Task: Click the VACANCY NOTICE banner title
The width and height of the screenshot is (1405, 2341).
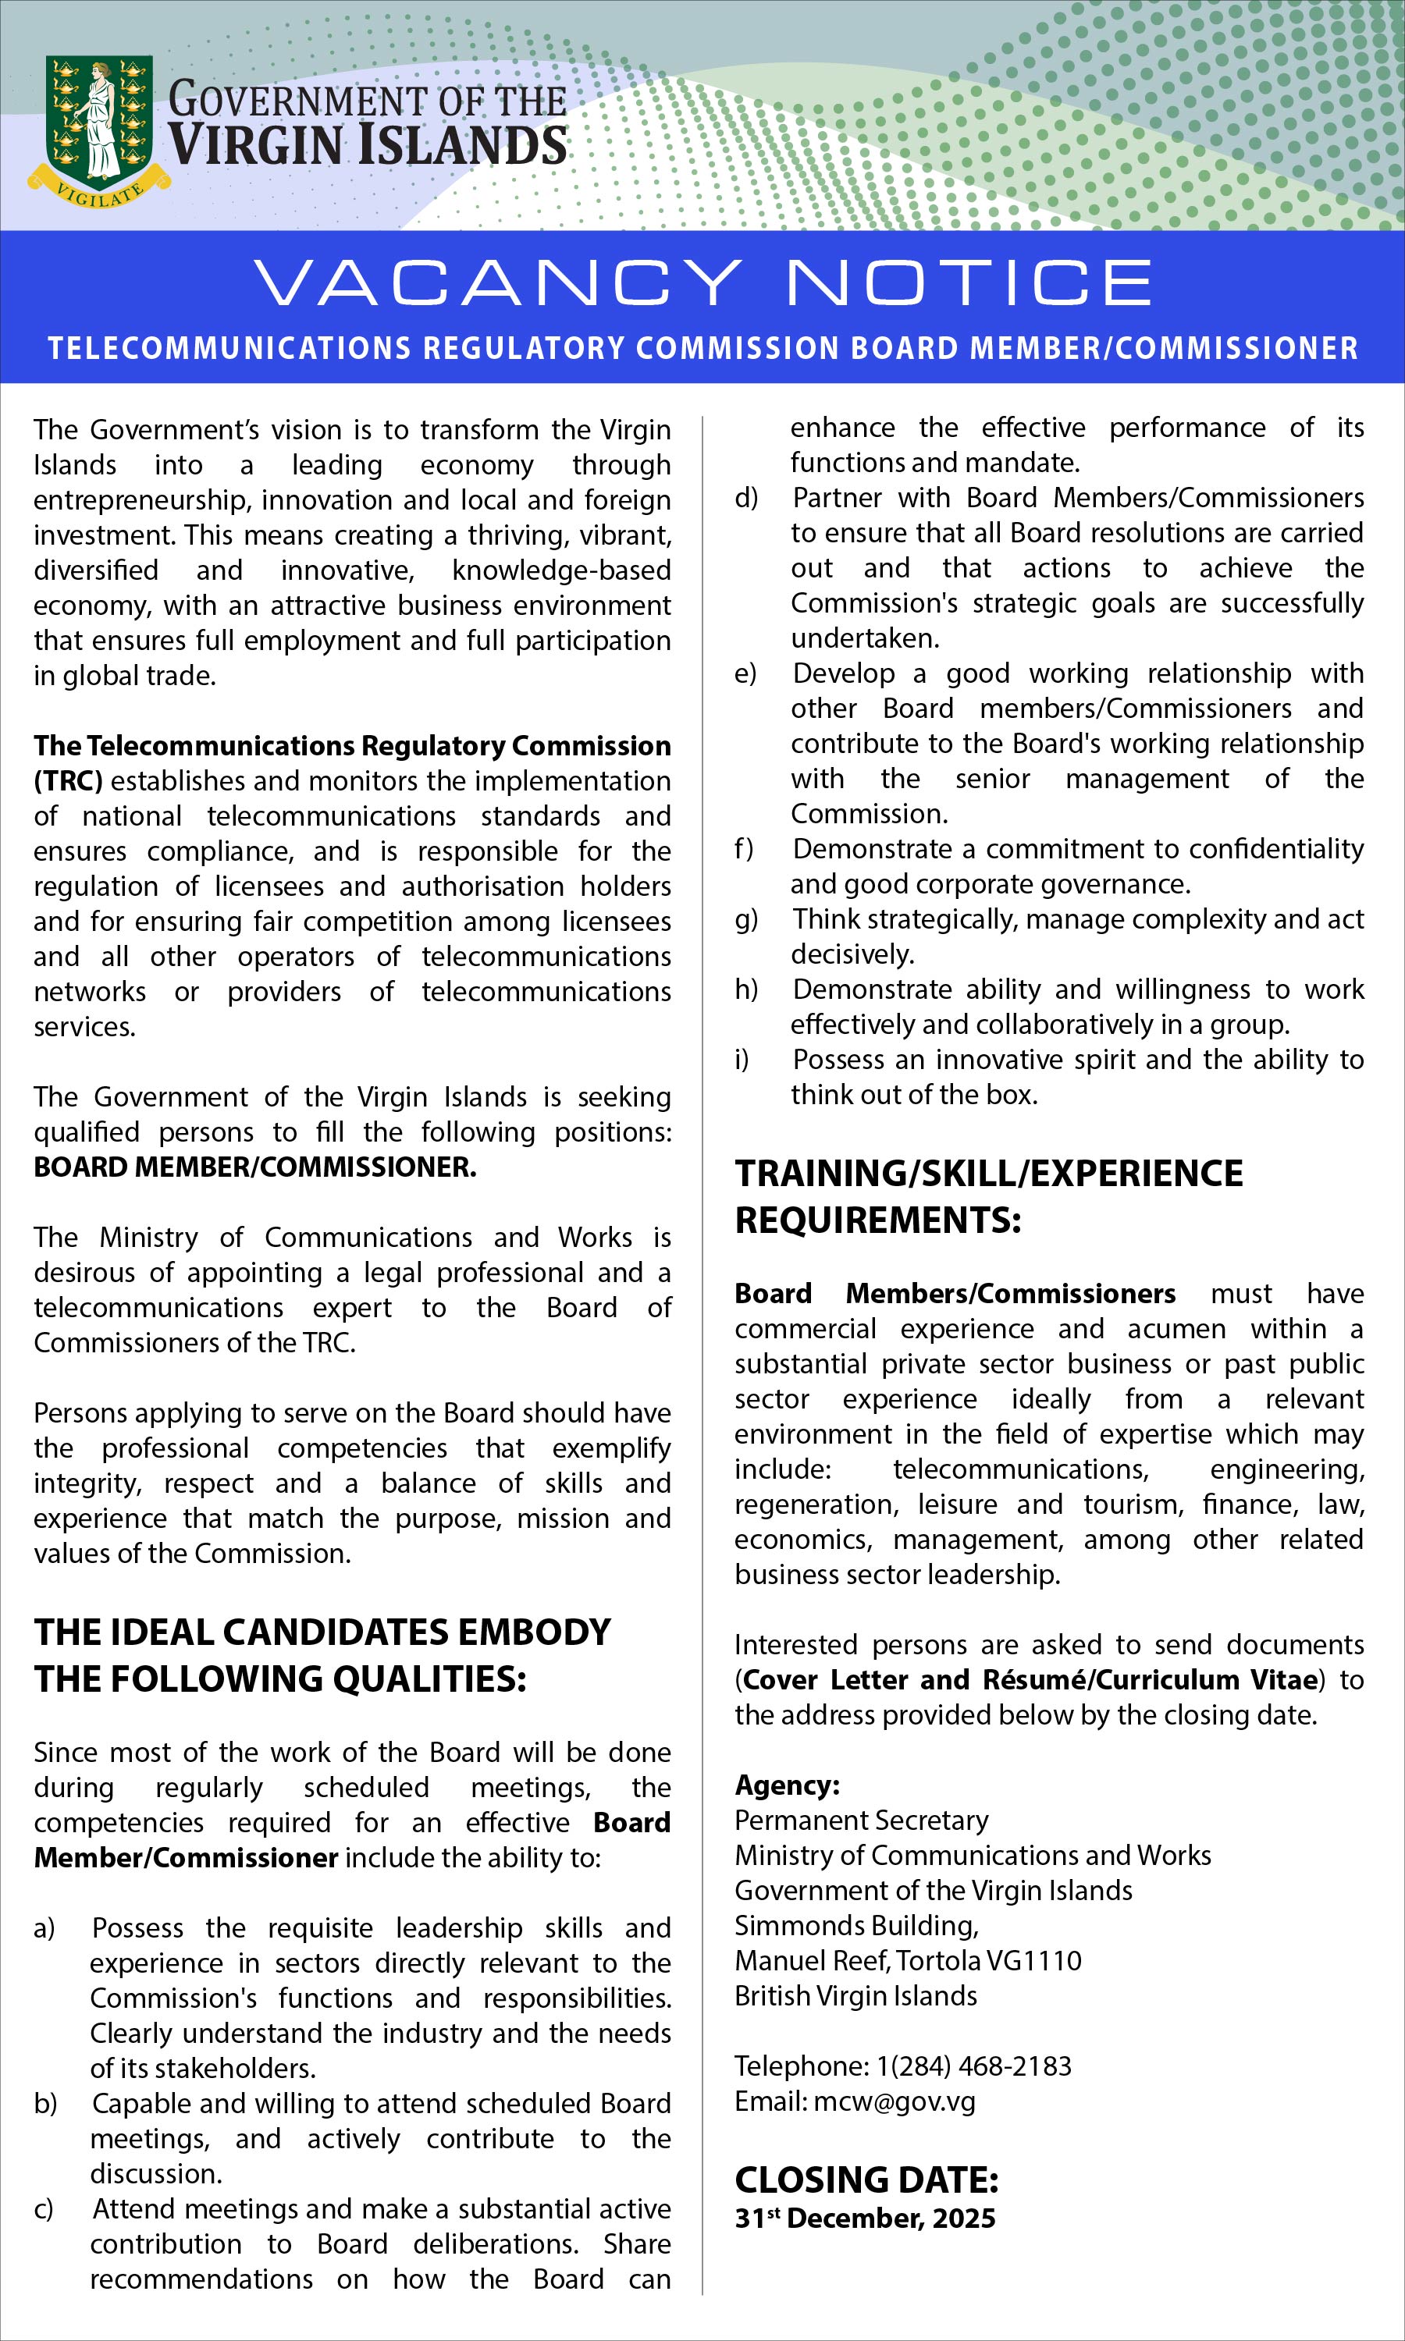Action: coord(702,282)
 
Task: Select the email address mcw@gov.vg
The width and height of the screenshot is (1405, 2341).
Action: coord(894,2101)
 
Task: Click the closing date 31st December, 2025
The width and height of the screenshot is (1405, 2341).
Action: coord(864,2218)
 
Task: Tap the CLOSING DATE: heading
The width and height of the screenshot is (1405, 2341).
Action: coord(866,2179)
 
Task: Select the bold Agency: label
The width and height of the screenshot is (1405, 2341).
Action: coord(787,1785)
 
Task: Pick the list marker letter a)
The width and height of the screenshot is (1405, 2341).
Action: coord(44,1927)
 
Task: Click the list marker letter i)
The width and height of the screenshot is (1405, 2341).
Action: coord(742,1059)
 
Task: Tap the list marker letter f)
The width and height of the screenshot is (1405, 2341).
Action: coord(744,849)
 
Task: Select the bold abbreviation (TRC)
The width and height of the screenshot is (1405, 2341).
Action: coord(68,780)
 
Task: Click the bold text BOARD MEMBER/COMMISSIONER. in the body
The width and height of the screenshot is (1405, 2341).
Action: coord(254,1167)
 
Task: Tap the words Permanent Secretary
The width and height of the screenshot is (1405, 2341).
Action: coord(861,1820)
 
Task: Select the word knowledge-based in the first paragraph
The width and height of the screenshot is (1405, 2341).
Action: coord(560,570)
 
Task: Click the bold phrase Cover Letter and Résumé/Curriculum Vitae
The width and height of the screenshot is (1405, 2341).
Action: coord(1030,1679)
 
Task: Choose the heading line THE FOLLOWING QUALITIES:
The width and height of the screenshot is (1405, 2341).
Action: coord(280,1678)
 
